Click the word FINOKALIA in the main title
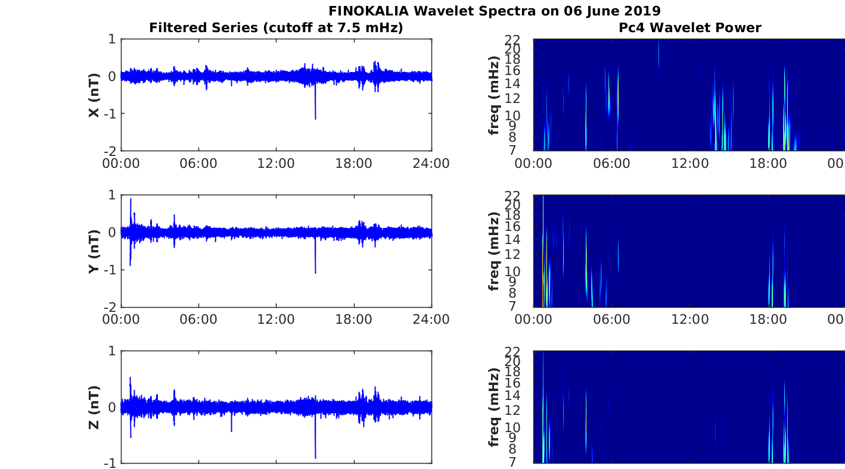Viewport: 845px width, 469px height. point(368,11)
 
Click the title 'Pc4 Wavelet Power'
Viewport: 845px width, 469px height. point(690,28)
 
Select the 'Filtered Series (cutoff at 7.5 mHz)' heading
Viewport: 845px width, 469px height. point(276,28)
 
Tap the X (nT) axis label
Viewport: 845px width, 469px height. point(94,95)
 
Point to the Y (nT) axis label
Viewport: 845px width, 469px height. point(94,251)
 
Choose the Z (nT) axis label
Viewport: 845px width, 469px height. point(94,407)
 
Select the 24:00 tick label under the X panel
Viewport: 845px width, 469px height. point(431,164)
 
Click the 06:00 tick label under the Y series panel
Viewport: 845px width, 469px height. point(198,320)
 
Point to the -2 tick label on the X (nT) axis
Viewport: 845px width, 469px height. point(110,151)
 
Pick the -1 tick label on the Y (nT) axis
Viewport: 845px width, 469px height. point(110,270)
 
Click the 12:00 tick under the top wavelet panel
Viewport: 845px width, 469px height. point(690,164)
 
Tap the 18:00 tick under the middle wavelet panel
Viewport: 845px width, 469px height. point(768,320)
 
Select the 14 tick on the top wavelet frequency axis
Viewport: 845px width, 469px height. point(513,84)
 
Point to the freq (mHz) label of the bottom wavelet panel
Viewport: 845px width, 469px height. point(493,407)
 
